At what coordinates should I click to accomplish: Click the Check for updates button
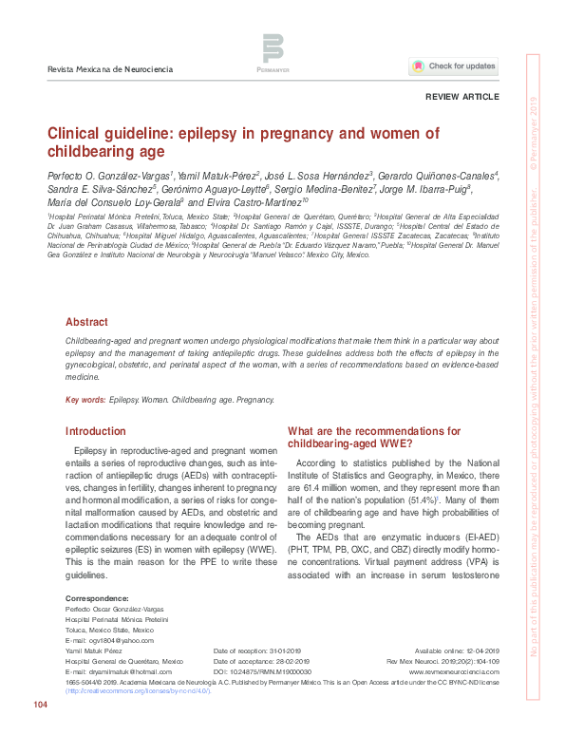tap(454, 66)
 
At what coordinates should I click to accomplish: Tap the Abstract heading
tap(86, 322)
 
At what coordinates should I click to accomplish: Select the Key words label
tap(85, 402)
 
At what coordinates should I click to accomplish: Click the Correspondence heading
tap(97, 599)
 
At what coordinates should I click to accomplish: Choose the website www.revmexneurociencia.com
tap(461, 669)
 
